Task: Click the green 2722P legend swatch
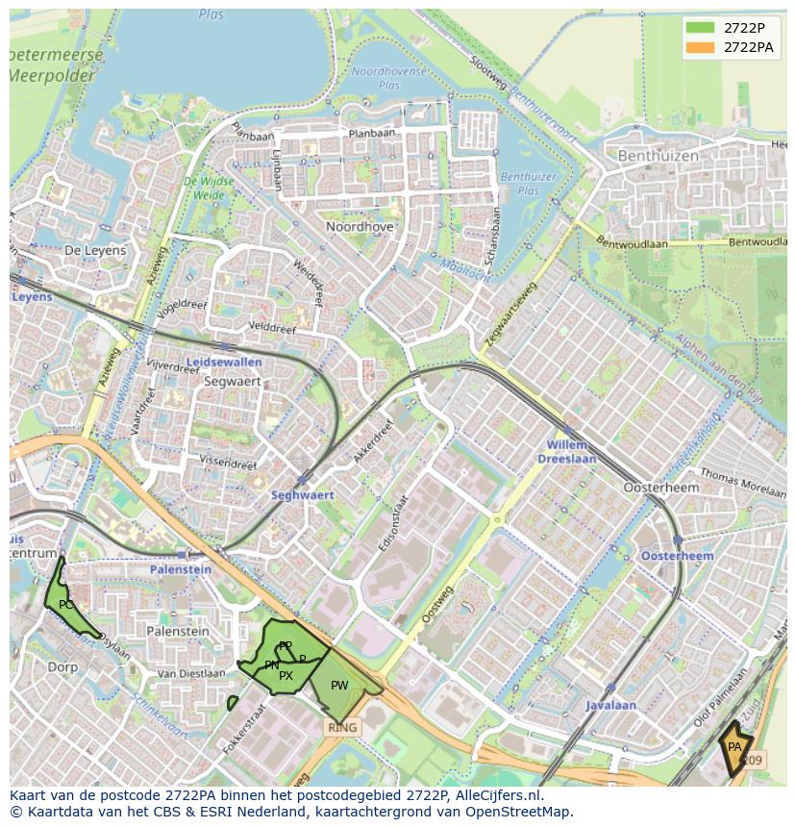[701, 27]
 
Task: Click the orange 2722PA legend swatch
[701, 46]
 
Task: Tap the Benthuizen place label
[657, 155]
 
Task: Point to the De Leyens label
[95, 250]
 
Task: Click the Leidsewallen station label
[223, 363]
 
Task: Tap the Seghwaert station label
[302, 495]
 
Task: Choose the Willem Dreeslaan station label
[571, 452]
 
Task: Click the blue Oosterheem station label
[677, 557]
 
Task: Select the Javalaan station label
[611, 705]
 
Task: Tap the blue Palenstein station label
[180, 569]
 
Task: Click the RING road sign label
[342, 728]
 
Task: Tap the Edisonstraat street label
[393, 523]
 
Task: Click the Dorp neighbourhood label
[62, 666]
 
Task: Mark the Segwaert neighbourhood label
[233, 381]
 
